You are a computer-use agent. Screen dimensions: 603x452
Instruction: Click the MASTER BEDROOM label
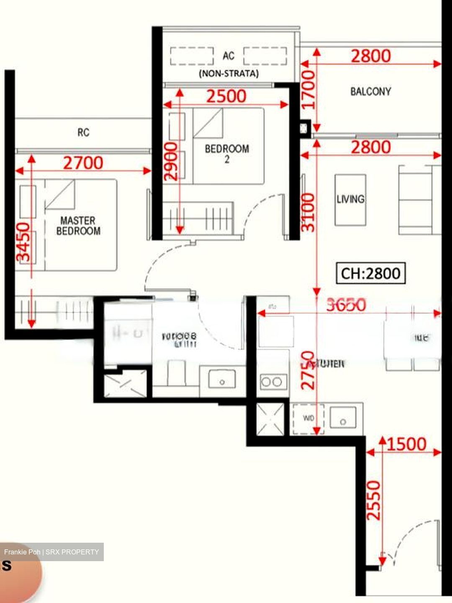click(x=78, y=226)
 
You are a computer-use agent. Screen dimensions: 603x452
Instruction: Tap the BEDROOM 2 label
click(x=227, y=152)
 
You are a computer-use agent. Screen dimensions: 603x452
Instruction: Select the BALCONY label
click(x=371, y=91)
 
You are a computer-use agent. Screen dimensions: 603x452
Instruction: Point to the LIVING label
click(x=350, y=199)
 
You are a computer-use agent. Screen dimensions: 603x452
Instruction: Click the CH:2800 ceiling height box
click(x=371, y=273)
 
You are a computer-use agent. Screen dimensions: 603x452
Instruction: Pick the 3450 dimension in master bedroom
click(x=23, y=242)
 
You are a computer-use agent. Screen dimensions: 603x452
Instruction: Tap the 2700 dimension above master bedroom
click(x=83, y=163)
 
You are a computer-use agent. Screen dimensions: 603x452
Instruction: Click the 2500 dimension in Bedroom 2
click(x=226, y=96)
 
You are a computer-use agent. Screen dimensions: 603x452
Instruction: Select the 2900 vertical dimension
click(x=171, y=161)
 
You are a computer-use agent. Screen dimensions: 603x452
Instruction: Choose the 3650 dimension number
click(x=346, y=305)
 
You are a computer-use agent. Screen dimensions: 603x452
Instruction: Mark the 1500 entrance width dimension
click(x=406, y=444)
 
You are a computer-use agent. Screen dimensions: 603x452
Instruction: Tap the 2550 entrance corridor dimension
click(x=373, y=500)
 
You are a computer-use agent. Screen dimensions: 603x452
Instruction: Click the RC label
click(x=83, y=133)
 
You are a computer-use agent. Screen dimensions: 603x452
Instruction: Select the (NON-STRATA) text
click(x=229, y=74)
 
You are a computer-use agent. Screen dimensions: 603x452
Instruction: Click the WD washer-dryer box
click(x=308, y=418)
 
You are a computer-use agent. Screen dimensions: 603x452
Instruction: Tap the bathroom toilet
click(x=176, y=373)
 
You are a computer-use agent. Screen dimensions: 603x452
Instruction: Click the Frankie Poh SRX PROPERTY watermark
click(x=51, y=552)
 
